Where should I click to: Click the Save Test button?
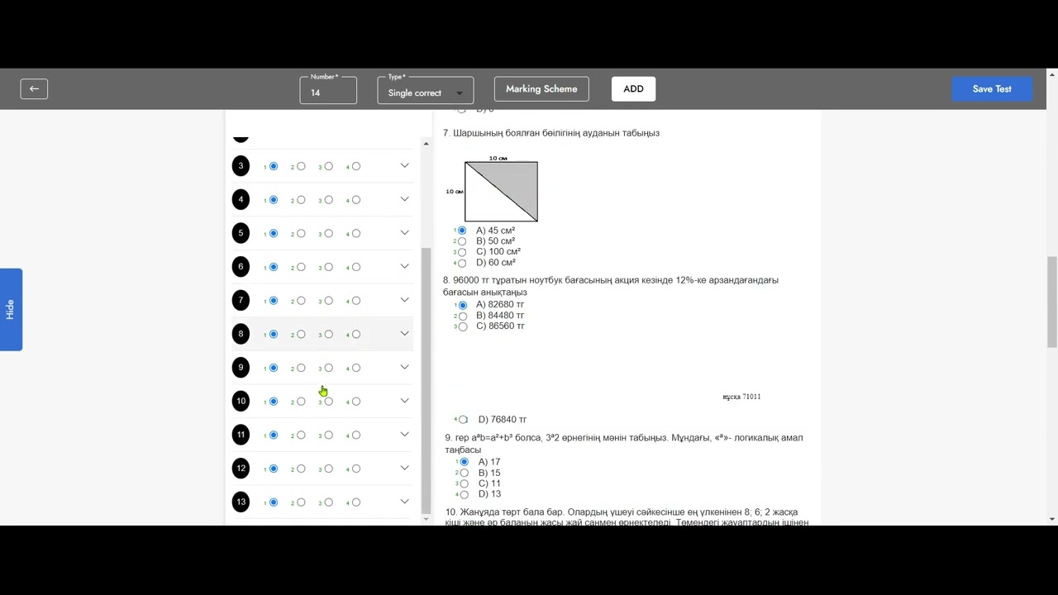coord(991,89)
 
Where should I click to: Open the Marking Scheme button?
coord(541,89)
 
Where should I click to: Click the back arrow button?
coord(34,89)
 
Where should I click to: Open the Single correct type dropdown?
coord(425,91)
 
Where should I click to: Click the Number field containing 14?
coord(328,91)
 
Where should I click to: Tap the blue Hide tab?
coord(11,309)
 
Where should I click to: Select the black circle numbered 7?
coord(241,300)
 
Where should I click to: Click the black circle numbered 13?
coord(241,502)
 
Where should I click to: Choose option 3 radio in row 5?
coord(328,233)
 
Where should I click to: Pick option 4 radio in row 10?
coord(356,402)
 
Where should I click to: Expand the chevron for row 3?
coord(404,166)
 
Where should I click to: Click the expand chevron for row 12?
coord(404,469)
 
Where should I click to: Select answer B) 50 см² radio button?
coord(462,241)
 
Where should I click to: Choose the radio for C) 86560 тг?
coord(463,326)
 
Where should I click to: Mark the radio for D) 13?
coord(465,494)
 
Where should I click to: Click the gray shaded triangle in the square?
coord(517,180)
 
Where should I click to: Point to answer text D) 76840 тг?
coord(502,420)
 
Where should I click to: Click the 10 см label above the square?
coord(498,158)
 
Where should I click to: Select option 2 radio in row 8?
coord(301,334)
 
